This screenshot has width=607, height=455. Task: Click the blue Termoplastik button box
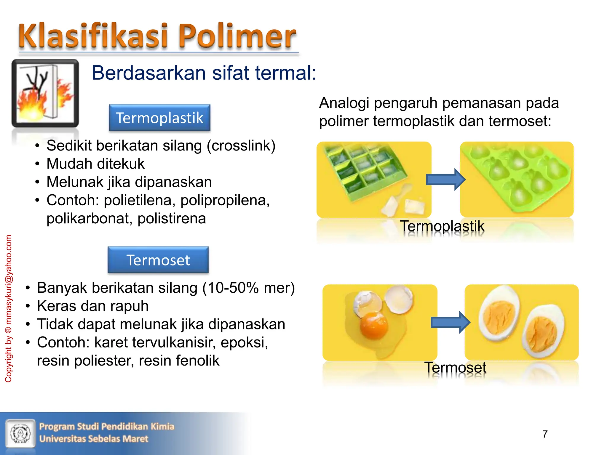(159, 118)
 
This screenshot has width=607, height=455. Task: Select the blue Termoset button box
(158, 260)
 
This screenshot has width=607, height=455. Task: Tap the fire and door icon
(45, 94)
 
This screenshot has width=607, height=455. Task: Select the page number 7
(545, 434)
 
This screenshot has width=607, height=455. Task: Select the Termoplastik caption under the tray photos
(442, 226)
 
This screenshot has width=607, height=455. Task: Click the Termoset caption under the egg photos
(455, 368)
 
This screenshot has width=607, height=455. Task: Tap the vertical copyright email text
(8, 308)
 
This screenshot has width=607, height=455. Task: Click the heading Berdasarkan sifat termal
(204, 73)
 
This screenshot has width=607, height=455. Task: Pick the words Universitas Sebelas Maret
(94, 439)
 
